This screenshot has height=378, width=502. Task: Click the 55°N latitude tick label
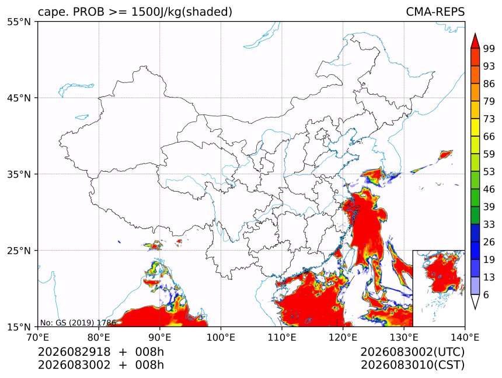click(19, 22)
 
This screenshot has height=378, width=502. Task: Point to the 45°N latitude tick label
click(19, 98)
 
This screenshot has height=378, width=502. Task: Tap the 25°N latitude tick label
click(19, 250)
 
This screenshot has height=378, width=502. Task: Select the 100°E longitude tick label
click(221, 337)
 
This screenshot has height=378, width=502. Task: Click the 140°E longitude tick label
click(465, 337)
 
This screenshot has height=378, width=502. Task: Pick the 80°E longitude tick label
click(99, 337)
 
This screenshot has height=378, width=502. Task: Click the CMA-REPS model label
click(435, 12)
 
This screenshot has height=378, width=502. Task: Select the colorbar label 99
click(489, 48)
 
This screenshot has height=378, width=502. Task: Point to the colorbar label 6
click(486, 294)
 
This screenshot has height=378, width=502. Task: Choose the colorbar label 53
click(489, 172)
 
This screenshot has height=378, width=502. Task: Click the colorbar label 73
click(489, 119)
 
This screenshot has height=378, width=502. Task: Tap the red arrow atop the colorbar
click(475, 41)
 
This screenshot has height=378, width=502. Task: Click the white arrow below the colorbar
click(475, 302)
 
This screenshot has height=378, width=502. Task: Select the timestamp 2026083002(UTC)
click(412, 352)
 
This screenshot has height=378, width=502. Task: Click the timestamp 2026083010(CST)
click(412, 365)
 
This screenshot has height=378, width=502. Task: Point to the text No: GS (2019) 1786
click(78, 322)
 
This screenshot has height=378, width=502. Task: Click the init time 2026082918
click(74, 352)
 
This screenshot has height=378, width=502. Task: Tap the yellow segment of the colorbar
click(475, 128)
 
